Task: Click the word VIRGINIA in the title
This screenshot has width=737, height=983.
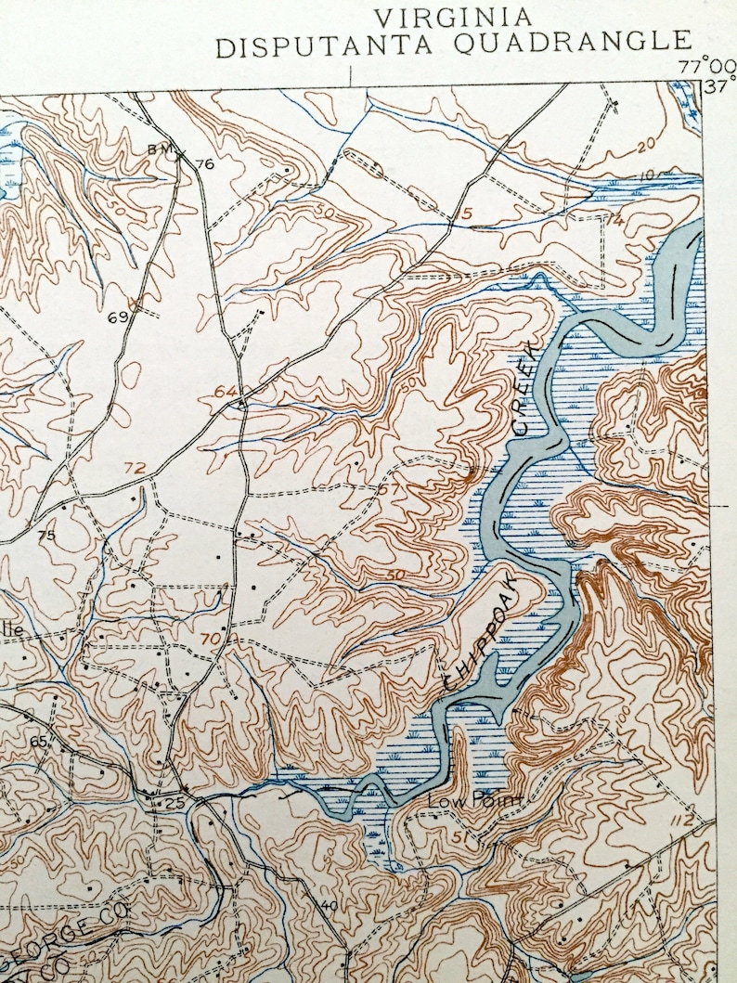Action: click(x=453, y=16)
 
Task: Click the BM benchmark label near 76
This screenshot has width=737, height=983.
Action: click(x=159, y=150)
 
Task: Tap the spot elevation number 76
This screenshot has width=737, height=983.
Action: click(x=205, y=164)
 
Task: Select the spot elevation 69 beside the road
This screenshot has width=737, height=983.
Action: click(x=117, y=317)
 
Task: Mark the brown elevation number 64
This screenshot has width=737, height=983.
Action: click(x=224, y=392)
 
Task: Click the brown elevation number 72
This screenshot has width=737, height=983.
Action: click(x=135, y=467)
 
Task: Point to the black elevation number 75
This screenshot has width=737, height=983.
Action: click(x=46, y=536)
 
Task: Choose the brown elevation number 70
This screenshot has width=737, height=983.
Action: click(x=210, y=639)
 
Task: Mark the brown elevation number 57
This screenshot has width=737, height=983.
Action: click(x=389, y=489)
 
